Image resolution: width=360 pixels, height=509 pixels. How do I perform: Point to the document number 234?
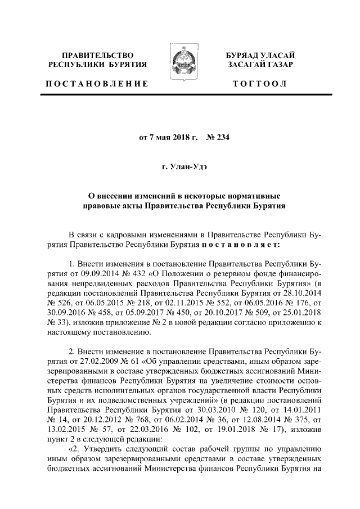224,137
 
